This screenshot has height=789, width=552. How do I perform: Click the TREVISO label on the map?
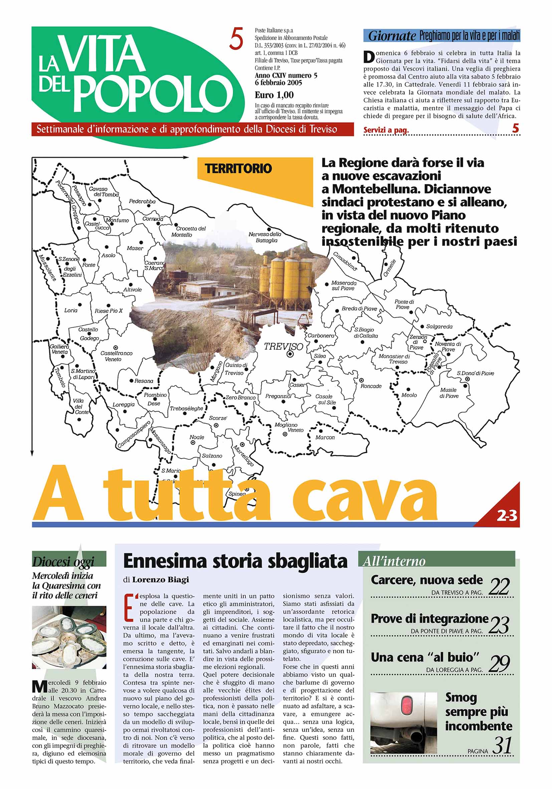click(x=283, y=346)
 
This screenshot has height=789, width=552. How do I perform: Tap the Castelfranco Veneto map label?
click(x=116, y=356)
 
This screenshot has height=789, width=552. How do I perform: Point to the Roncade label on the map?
click(x=371, y=386)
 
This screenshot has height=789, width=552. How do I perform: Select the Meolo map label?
click(x=409, y=395)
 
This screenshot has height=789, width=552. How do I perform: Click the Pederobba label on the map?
click(x=142, y=201)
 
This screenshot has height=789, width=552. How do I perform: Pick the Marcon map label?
click(x=325, y=438)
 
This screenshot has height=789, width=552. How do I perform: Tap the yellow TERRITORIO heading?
click(x=238, y=169)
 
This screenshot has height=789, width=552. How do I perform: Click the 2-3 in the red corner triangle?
click(x=507, y=516)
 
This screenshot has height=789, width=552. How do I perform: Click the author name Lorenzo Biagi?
click(x=160, y=580)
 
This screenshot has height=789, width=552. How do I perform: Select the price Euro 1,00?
click(x=274, y=95)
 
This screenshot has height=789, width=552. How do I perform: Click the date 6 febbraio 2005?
click(x=278, y=83)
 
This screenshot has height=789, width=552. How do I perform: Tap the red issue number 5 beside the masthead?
click(x=236, y=39)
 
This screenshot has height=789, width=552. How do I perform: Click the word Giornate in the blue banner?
click(x=392, y=36)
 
